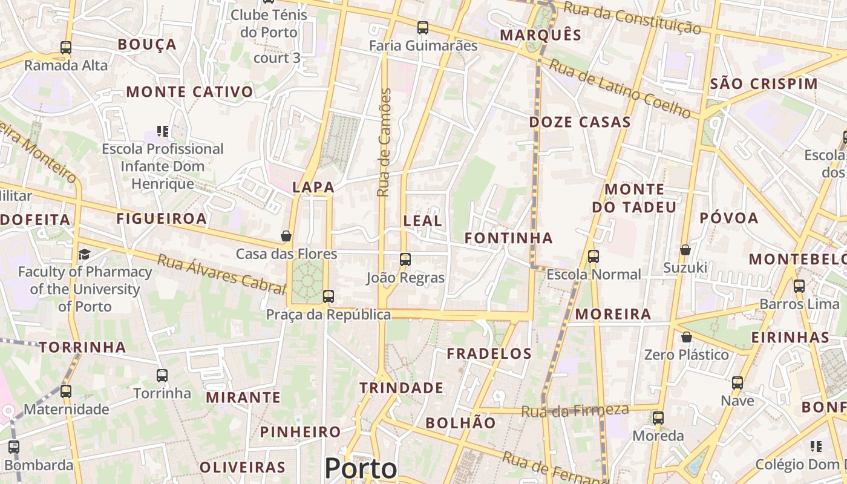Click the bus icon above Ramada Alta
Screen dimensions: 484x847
click(66, 47)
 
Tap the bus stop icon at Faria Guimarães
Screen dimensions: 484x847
click(423, 27)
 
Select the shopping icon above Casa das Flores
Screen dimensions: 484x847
click(286, 236)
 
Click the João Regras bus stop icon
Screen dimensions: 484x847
click(405, 260)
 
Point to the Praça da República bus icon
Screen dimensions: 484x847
click(329, 296)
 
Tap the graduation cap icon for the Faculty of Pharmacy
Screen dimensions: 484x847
click(85, 254)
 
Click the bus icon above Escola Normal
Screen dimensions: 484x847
click(594, 256)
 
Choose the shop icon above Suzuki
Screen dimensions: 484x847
click(685, 249)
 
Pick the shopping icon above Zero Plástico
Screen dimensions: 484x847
click(687, 337)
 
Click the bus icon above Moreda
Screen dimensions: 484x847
click(658, 417)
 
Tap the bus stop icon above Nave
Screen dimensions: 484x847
click(737, 382)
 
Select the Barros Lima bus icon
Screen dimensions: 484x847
click(799, 286)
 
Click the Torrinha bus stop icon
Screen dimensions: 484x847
click(162, 375)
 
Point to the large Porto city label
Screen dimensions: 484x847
click(361, 468)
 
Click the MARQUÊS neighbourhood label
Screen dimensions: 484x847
click(541, 35)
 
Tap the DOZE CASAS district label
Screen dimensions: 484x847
click(580, 122)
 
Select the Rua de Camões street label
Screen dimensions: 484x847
click(384, 142)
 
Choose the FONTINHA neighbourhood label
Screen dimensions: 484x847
click(508, 238)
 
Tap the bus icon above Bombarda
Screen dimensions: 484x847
click(14, 447)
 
